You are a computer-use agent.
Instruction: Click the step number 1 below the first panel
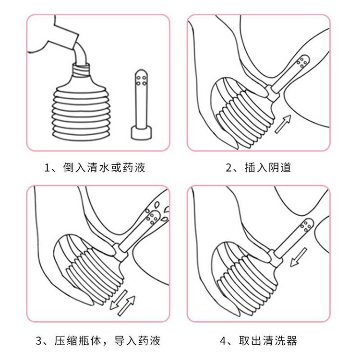(47, 168)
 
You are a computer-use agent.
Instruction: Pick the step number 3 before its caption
(39, 341)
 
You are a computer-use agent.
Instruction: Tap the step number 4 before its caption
(223, 341)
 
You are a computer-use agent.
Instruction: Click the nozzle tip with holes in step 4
(305, 226)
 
